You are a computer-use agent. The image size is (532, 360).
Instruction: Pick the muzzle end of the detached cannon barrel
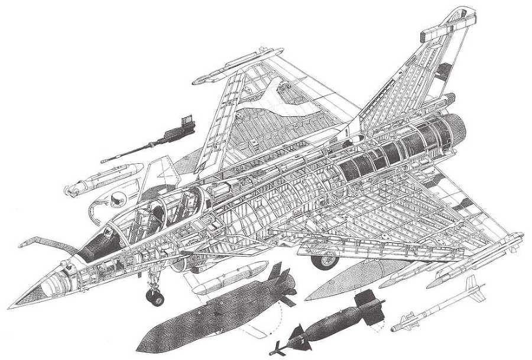pos(104,160)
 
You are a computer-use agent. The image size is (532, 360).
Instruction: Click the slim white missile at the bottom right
pos(437,307)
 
